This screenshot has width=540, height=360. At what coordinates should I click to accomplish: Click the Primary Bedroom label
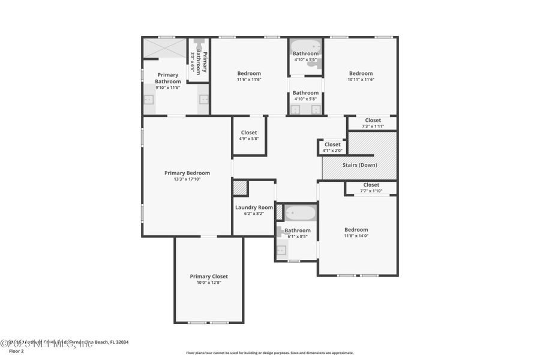[x=187, y=173]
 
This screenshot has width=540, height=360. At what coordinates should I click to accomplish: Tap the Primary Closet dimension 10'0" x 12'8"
[x=209, y=283]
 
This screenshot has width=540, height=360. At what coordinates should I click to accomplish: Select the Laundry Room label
[x=254, y=208]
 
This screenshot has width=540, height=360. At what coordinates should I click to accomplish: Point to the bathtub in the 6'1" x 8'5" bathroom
[x=298, y=213]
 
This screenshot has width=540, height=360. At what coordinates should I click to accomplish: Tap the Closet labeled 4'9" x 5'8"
[x=249, y=133]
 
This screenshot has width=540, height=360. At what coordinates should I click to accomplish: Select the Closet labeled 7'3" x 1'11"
[x=373, y=120]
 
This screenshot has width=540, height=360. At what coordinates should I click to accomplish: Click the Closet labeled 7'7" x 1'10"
[x=371, y=185]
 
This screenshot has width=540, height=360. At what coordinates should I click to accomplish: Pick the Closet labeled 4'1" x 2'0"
[x=332, y=145]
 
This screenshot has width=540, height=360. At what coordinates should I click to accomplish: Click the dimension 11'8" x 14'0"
[x=356, y=236]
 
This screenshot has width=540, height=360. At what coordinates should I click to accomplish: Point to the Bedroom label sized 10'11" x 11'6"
[x=361, y=73]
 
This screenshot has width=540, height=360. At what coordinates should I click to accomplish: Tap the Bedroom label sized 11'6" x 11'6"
[x=249, y=73]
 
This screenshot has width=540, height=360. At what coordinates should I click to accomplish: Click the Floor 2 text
[x=8, y=352]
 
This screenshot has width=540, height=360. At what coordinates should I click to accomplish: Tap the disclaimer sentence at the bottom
[x=269, y=353]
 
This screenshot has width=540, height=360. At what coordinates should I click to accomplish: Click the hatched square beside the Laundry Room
[x=240, y=187]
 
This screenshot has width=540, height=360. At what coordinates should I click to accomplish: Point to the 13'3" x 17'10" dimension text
[x=187, y=179]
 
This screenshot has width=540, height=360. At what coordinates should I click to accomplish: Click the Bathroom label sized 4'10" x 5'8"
[x=305, y=92]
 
